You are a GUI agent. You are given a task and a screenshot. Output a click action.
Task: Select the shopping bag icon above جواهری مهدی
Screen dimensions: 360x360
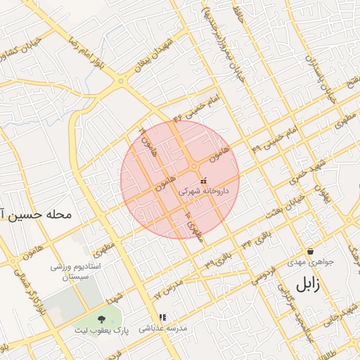pyautogui.click(x=310, y=251)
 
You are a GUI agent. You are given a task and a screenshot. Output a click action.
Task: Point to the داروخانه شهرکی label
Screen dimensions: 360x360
pyautogui.click(x=203, y=191)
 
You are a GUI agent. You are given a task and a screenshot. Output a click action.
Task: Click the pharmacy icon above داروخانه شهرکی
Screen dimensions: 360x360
pyautogui.click(x=203, y=181)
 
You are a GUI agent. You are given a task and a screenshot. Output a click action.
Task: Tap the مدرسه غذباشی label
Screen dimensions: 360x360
pyautogui.click(x=162, y=328)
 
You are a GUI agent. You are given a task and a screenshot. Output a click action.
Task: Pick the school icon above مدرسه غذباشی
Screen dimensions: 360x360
pyautogui.click(x=162, y=318)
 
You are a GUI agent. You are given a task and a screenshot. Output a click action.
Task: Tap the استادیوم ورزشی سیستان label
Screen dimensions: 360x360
pyautogui.click(x=77, y=273)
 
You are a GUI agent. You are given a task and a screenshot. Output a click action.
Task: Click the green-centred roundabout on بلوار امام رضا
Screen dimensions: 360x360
pyautogui.click(x=122, y=81)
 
